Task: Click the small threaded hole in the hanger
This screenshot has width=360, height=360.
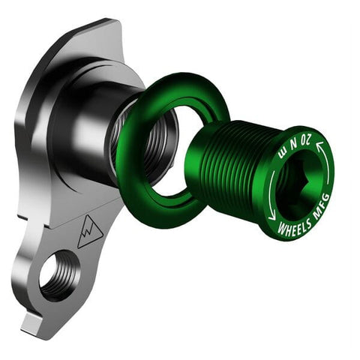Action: [x=59, y=274]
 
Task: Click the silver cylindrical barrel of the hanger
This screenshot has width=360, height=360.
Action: [x=105, y=127]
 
